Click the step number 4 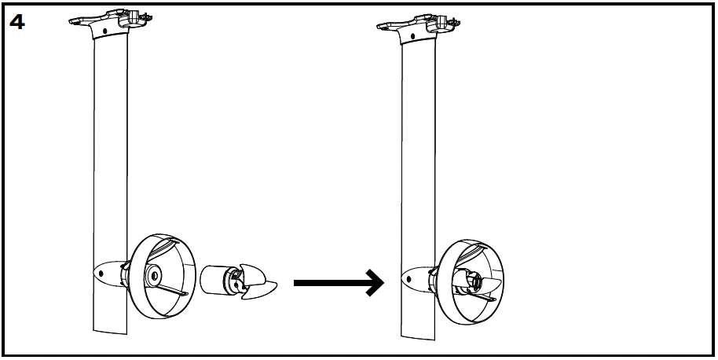pyautogui.click(x=17, y=21)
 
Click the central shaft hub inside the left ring pyautogui.click(x=152, y=277)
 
